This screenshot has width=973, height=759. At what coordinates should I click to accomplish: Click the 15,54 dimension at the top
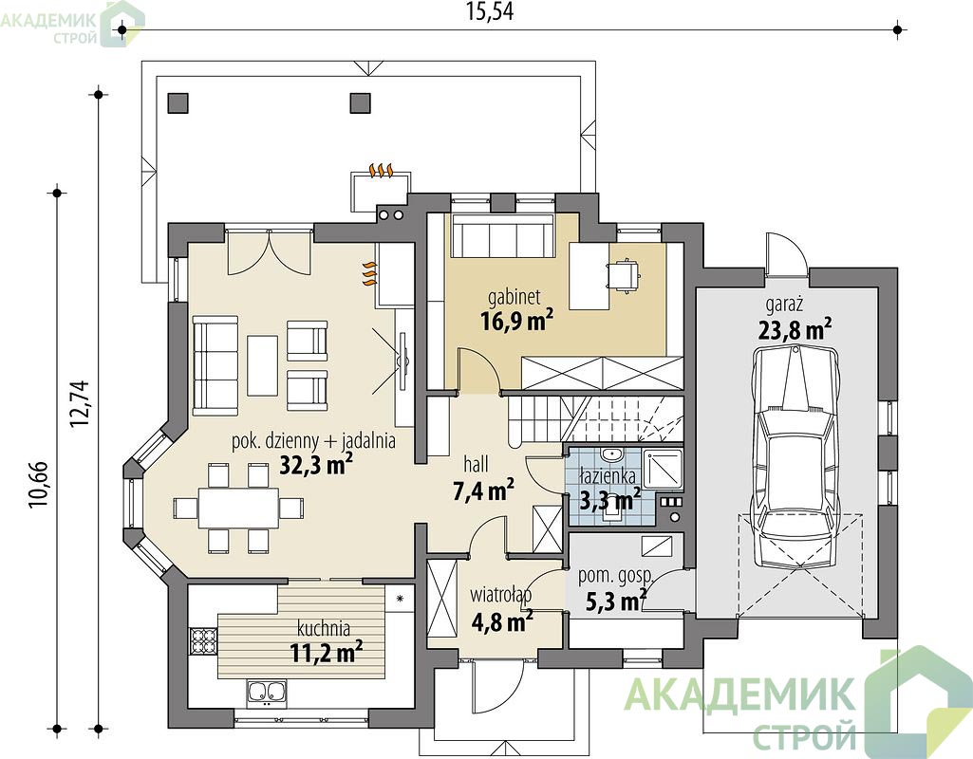pyautogui.click(x=490, y=11)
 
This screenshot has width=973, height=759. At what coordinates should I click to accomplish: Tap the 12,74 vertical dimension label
pyautogui.click(x=80, y=403)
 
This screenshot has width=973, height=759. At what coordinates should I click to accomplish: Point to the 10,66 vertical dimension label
pyautogui.click(x=39, y=485)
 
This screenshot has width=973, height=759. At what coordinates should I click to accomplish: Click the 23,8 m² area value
pyautogui.click(x=795, y=328)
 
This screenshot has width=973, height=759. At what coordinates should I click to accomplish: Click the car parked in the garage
pyautogui.click(x=795, y=453)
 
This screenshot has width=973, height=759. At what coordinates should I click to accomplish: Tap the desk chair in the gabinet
pyautogui.click(x=623, y=274)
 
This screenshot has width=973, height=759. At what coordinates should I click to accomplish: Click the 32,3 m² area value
pyautogui.click(x=316, y=465)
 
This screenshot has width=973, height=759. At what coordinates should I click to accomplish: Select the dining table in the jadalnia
pyautogui.click(x=239, y=507)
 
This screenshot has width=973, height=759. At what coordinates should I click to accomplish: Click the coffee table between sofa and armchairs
pyautogui.click(x=262, y=365)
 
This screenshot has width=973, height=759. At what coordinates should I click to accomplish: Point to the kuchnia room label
pyautogui.click(x=324, y=628)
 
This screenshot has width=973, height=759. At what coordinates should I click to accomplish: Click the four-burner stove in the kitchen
pyautogui.click(x=202, y=640)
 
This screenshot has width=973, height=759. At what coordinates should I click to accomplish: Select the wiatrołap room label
pyautogui.click(x=500, y=595)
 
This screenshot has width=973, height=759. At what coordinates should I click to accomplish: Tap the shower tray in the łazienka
pyautogui.click(x=662, y=469)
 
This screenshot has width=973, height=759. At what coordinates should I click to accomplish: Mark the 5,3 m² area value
pyautogui.click(x=615, y=601)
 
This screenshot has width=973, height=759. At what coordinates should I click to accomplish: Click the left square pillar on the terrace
pyautogui.click(x=178, y=102)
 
